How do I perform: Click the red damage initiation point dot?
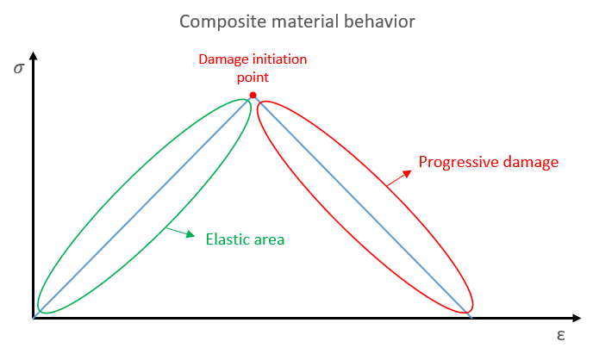coord(253,96)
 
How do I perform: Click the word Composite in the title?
coord(223,22)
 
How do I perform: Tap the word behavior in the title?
coord(379,22)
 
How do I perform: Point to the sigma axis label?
coord(19,68)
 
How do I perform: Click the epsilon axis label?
coord(561,335)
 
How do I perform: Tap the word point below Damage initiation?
coord(253,78)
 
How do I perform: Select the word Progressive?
coord(459,163)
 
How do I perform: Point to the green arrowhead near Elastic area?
coord(190,234)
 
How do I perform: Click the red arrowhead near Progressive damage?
coord(408,174)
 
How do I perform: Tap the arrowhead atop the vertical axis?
coord(34,56)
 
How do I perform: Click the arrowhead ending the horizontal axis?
coord(577,318)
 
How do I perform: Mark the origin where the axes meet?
coord(34,318)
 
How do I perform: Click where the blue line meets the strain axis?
coord(471,317)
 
